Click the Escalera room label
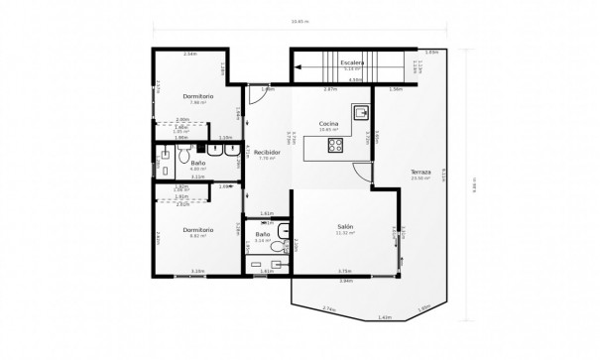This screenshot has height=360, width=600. tap(352, 62)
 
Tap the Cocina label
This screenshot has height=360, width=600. tap(329, 123)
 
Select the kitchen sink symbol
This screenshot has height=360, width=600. tap(363, 112)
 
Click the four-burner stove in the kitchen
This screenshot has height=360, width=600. tap(335, 146)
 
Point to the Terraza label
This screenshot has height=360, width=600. tap(421, 173)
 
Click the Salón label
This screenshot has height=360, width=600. tap(344, 226)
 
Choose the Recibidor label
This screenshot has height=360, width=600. tap(265, 153)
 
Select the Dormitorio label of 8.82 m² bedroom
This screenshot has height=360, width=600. tap(198, 229)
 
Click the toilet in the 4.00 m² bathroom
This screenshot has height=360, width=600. tap(184, 155)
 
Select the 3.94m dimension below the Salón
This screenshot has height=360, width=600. tap(345, 281)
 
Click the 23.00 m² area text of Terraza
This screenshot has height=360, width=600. tap(421, 179)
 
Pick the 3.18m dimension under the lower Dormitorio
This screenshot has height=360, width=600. tap(198, 271)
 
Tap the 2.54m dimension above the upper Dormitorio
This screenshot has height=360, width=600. tap(190, 54)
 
